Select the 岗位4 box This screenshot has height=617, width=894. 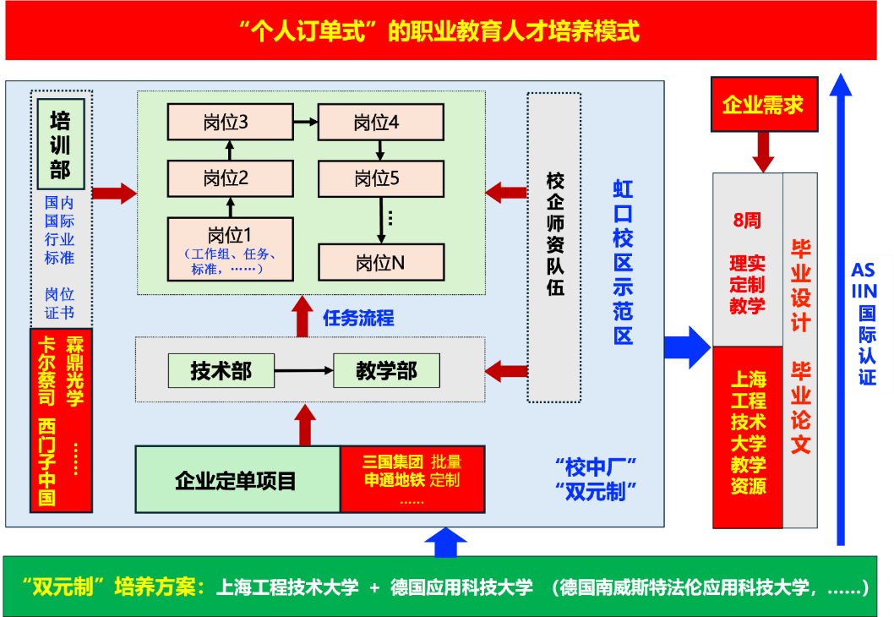coord(381,123)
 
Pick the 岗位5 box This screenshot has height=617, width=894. coord(381,178)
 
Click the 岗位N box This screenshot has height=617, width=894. coord(381,262)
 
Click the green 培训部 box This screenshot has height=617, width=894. coord(60,144)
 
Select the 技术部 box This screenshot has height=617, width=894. coord(221,370)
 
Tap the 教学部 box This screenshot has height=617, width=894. coord(386,370)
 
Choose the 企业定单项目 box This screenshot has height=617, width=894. coord(237,479)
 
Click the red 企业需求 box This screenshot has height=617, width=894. coord(763,105)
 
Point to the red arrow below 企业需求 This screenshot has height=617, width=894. coord(763,152)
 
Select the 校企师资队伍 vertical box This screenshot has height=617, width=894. coord(554,247)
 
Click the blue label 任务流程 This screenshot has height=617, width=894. coord(358,319)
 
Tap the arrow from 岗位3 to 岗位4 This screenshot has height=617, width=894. coord(305,123)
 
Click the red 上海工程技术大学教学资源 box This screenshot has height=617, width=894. coord(748,436)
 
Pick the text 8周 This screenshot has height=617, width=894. coord(747,221)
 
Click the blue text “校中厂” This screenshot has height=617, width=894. coord(596,466)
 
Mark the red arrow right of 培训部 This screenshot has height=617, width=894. coord(114,194)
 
